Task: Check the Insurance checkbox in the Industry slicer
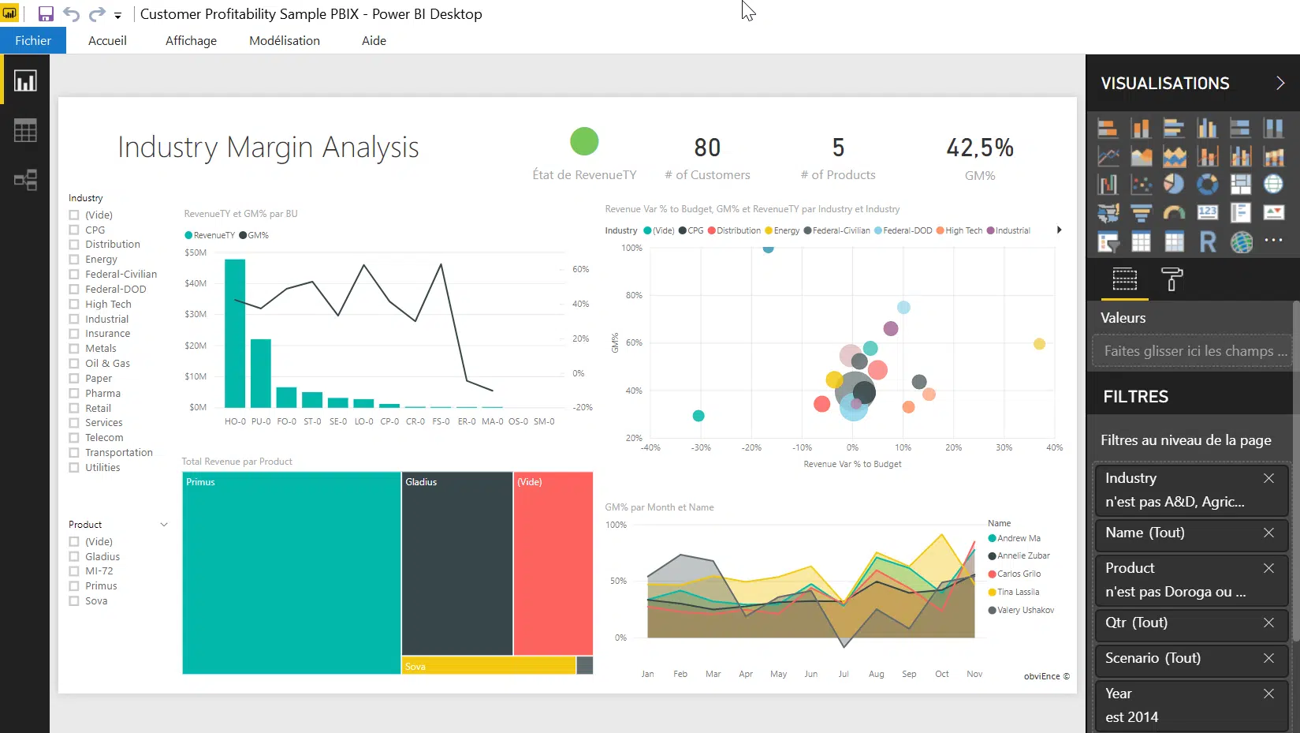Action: [74, 334]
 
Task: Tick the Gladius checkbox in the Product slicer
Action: [74, 557]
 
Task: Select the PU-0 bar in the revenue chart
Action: [261, 372]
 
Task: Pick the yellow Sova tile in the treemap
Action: [489, 666]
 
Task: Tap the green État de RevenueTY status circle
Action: [584, 142]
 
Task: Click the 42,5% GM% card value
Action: [980, 148]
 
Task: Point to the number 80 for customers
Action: [707, 148]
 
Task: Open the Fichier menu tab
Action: [33, 41]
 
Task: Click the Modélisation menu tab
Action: [285, 41]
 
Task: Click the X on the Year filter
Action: [1268, 694]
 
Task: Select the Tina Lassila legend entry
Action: [1018, 592]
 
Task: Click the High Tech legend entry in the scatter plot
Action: [963, 230]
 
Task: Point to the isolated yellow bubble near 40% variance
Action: [1039, 344]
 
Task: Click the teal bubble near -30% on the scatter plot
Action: [698, 416]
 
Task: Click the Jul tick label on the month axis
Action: [844, 675]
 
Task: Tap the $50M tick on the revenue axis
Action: [196, 252]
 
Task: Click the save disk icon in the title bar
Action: [46, 14]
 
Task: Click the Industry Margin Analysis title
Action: [268, 148]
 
